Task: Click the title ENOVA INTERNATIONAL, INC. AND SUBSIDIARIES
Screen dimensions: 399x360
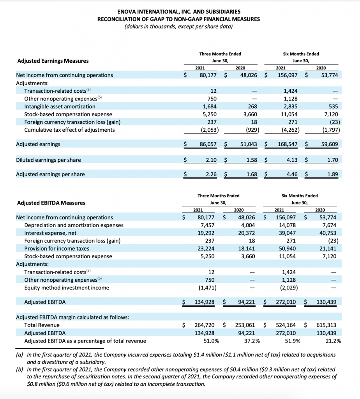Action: pyautogui.click(x=179, y=12)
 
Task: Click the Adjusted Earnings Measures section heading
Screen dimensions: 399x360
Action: pyautogui.click(x=53, y=61)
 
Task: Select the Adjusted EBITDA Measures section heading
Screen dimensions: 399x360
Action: pyautogui.click(x=51, y=203)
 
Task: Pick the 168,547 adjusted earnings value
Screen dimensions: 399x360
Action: pyautogui.click(x=288, y=144)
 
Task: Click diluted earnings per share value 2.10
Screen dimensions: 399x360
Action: pyautogui.click(x=211, y=160)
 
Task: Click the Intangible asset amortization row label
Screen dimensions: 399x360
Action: pyautogui.click(x=60, y=106)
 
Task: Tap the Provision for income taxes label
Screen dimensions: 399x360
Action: pyautogui.click(x=56, y=249)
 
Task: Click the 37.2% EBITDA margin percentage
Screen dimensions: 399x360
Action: pyautogui.click(x=252, y=341)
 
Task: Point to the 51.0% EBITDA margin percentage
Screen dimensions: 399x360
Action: pyautogui.click(x=211, y=341)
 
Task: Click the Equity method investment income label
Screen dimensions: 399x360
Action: pyautogui.click(x=67, y=288)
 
